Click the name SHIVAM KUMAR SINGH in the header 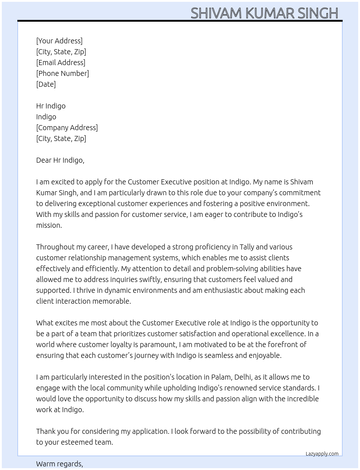tap(264, 13)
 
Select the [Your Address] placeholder tap(59, 41)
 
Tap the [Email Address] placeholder tap(61, 63)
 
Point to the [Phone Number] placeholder tap(63, 73)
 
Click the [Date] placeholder tap(46, 84)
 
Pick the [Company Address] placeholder tap(67, 128)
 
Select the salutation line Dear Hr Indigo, tap(60, 160)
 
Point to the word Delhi tap(243, 377)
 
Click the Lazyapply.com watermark tap(322, 454)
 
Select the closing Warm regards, tap(60, 464)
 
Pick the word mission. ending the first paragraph tap(49, 225)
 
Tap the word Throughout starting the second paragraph tap(55, 247)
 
